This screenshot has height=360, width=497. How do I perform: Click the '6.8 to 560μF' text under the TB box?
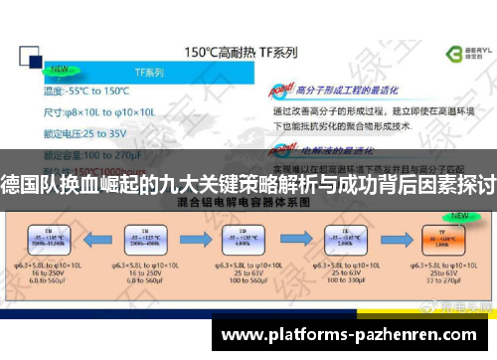click(x=45, y=282)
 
